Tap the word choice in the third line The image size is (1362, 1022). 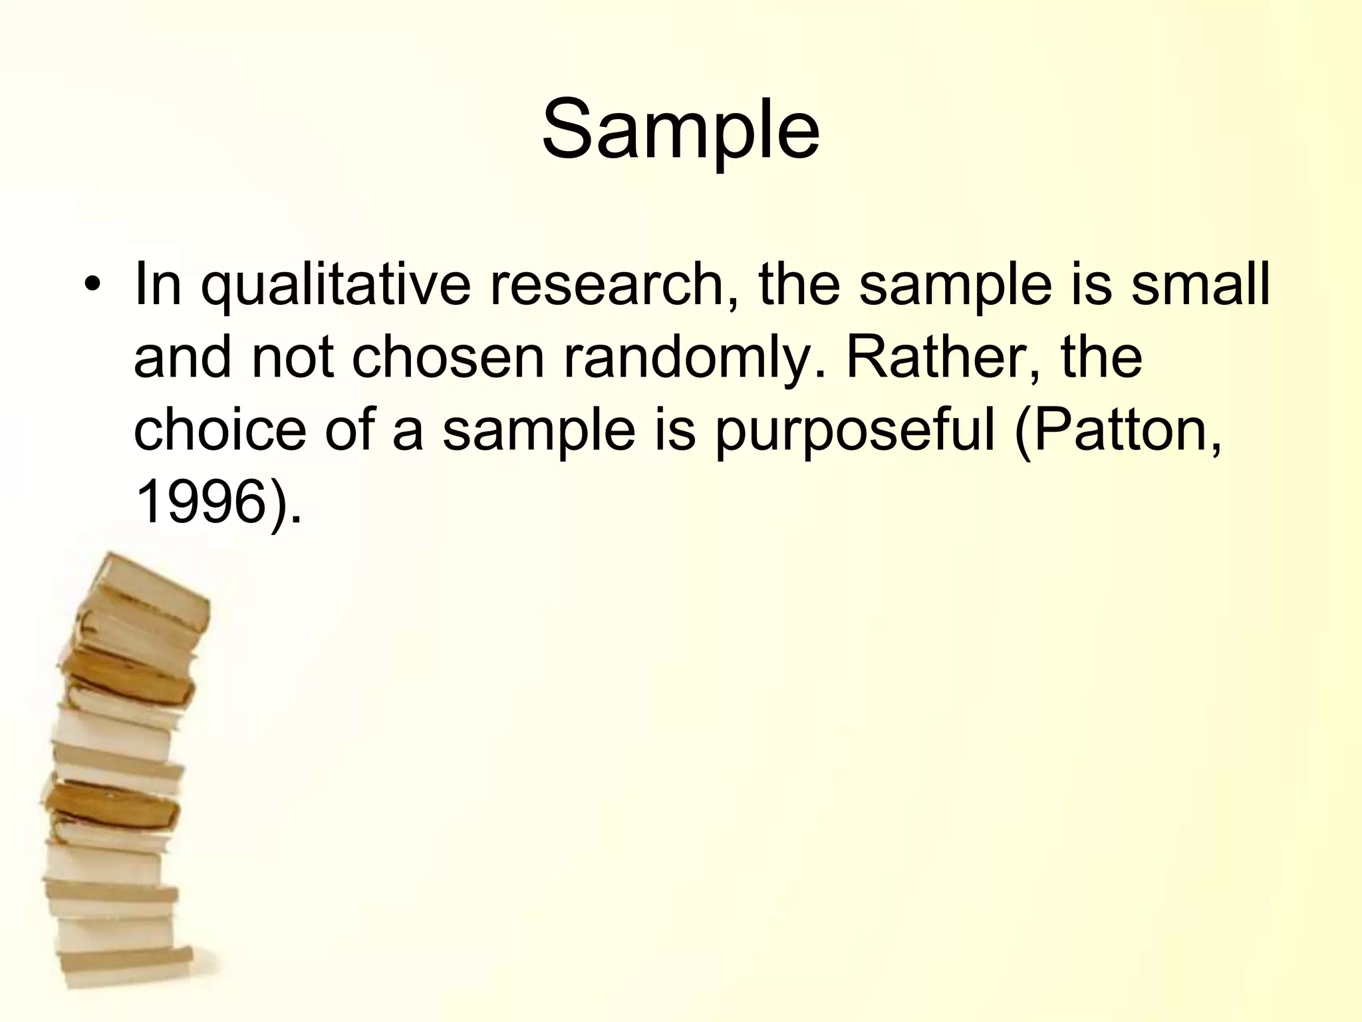[x=219, y=430]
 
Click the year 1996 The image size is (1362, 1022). [x=200, y=504]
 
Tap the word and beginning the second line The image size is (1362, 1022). [x=182, y=358]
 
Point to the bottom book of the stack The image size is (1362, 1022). [x=126, y=961]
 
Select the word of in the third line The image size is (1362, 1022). [x=350, y=430]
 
